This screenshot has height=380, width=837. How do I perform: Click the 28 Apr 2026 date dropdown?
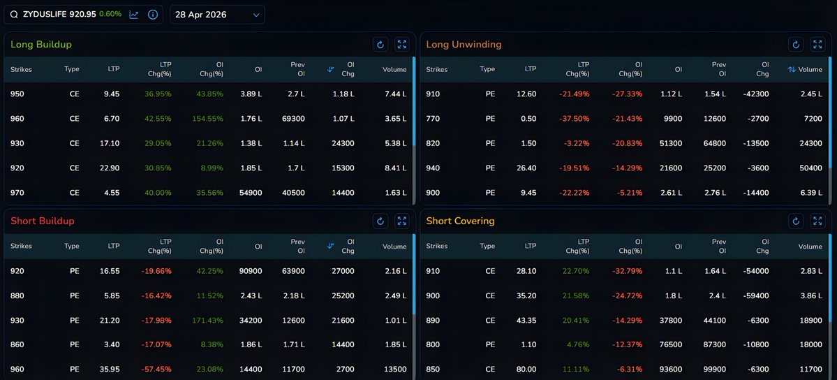pos(216,15)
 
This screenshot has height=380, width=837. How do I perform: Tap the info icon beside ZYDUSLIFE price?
pos(153,15)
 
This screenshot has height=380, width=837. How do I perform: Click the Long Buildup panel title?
pos(41,45)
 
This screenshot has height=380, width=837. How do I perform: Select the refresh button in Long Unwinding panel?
pos(796,45)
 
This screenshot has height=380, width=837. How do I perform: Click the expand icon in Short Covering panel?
pos(817,221)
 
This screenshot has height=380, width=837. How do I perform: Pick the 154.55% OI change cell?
pos(209,119)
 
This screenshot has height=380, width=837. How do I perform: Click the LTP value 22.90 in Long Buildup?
pos(110,168)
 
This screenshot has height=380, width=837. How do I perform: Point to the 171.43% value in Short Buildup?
pos(209,320)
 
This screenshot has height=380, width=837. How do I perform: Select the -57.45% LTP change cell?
pos(157,370)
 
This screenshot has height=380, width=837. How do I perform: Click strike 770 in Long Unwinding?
pos(436,119)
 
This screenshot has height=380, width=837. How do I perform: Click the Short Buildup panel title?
pos(43,221)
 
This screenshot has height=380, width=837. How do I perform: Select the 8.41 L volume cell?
pos(394,168)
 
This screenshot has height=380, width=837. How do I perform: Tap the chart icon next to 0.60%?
pos(134,15)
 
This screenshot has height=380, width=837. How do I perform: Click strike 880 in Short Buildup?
pos(17,295)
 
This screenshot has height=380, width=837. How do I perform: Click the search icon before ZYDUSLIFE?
pos(14,15)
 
